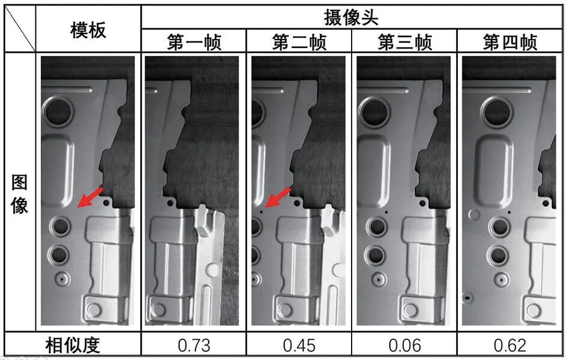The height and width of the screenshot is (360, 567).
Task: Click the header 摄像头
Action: click(x=352, y=17)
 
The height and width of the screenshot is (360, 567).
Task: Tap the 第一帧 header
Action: click(x=193, y=43)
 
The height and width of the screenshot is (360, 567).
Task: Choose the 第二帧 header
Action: click(x=298, y=43)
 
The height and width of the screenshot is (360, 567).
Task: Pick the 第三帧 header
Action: click(x=404, y=43)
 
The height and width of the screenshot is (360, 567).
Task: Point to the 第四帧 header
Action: click(x=510, y=43)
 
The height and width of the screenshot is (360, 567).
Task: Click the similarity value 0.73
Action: click(x=193, y=345)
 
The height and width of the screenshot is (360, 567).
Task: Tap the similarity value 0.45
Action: click(x=298, y=345)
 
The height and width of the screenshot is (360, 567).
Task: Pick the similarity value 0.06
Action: click(x=404, y=345)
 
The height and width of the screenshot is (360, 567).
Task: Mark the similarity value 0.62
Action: click(x=510, y=345)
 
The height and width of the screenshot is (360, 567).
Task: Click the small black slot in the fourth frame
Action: click(x=466, y=296)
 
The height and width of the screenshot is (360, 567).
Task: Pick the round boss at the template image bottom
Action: click(x=95, y=310)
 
